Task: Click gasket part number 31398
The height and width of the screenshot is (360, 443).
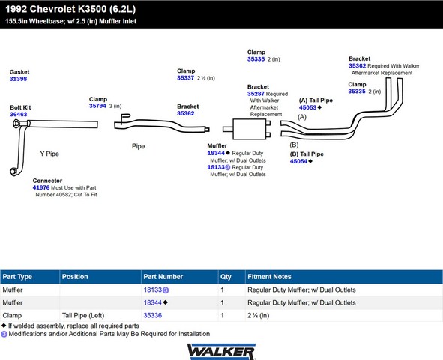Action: [18, 79]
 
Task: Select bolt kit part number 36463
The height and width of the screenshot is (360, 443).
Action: [19, 115]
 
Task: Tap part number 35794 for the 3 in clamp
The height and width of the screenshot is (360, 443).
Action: [97, 106]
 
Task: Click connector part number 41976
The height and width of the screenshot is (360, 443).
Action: [41, 187]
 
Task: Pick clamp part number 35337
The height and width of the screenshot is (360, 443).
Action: [186, 78]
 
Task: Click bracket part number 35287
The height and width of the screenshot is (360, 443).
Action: [256, 94]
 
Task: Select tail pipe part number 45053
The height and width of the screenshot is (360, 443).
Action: [307, 107]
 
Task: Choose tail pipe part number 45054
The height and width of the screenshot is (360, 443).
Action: [298, 161]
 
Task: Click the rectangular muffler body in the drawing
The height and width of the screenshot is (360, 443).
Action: [249, 129]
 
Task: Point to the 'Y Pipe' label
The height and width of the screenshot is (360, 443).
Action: [49, 154]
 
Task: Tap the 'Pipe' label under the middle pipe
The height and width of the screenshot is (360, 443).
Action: [139, 146]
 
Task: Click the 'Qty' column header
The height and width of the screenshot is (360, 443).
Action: [226, 277]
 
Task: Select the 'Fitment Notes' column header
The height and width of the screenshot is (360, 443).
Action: [269, 277]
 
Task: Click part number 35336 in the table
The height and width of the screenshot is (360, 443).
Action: [153, 315]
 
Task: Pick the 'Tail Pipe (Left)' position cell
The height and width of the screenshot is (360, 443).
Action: [83, 315]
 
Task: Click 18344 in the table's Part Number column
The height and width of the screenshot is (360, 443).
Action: [153, 303]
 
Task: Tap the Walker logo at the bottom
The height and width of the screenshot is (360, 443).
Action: [221, 352]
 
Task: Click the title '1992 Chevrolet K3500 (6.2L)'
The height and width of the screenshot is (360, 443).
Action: [70, 9]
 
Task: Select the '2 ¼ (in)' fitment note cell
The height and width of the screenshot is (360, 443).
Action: [258, 315]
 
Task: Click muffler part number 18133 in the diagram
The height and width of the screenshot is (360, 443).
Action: [216, 167]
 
